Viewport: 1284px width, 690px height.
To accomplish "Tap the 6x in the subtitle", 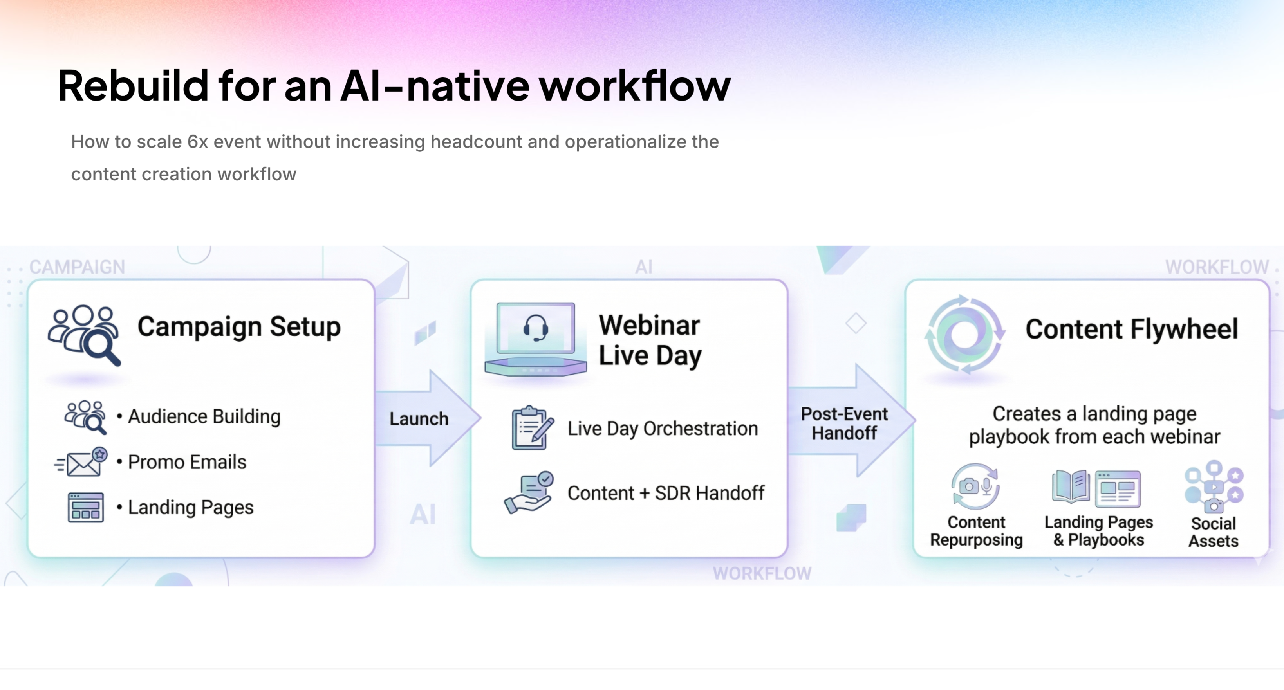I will (197, 142).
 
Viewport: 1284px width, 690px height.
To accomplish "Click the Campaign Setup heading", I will (239, 327).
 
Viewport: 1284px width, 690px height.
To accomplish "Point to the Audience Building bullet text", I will (204, 416).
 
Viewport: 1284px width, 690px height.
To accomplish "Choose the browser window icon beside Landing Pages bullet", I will (86, 508).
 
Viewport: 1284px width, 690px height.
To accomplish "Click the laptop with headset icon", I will (536, 339).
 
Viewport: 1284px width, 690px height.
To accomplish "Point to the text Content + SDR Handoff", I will (665, 493).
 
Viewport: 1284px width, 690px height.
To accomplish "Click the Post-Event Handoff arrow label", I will (844, 423).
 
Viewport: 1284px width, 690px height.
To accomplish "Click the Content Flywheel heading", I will (1131, 329).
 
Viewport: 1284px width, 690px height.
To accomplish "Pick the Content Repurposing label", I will (976, 531).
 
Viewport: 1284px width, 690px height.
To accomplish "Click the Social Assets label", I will (1213, 532).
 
